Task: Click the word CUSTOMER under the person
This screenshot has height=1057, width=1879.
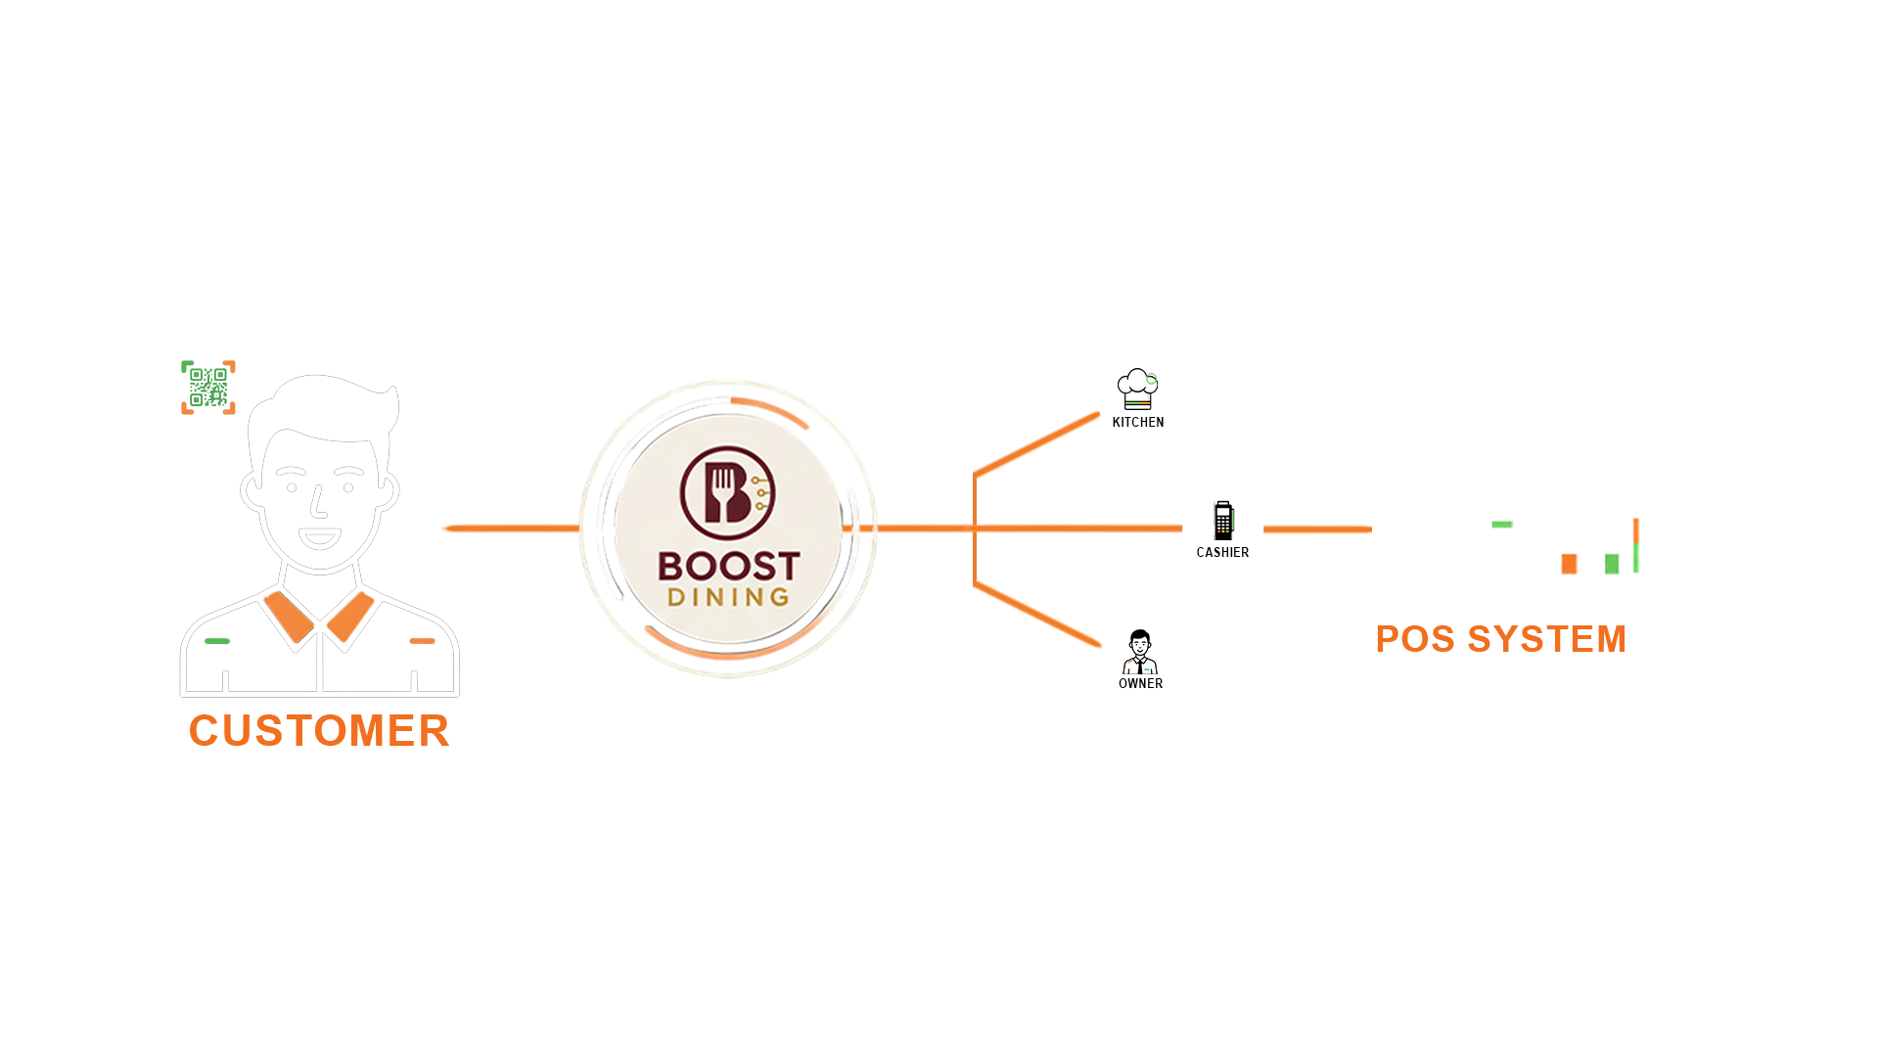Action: click(319, 731)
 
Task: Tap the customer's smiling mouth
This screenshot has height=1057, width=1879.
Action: click(319, 537)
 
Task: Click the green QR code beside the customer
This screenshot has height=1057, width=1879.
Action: click(206, 386)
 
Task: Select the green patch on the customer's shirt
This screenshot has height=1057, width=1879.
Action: click(226, 644)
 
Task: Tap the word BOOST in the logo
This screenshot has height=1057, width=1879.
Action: click(728, 566)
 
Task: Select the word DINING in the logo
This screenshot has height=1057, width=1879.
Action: click(728, 597)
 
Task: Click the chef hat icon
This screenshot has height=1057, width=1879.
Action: click(1137, 389)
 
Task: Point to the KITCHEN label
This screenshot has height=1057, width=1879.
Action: click(1138, 423)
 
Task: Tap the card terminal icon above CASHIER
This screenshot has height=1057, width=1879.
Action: click(1223, 521)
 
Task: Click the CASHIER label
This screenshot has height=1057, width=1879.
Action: click(1222, 553)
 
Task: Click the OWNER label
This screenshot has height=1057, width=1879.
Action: click(1141, 684)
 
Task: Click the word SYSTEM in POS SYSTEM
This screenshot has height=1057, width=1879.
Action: click(1546, 640)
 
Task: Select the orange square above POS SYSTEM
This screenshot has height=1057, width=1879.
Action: click(1569, 565)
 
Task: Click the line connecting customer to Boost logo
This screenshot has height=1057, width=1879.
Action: click(509, 528)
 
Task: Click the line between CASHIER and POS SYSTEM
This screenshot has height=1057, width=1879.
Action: click(1317, 529)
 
